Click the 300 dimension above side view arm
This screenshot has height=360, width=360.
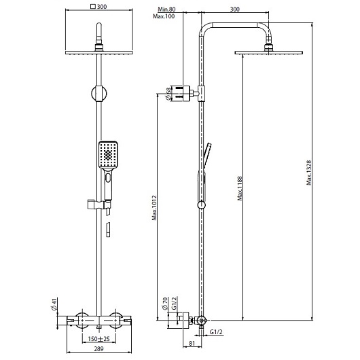tap(235, 10)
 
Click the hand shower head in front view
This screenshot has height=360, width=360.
tap(107, 154)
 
